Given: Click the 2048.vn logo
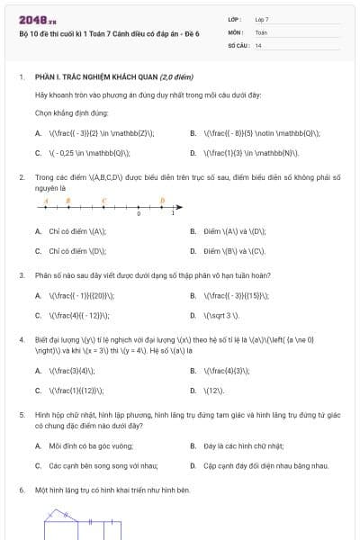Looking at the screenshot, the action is click(33, 18).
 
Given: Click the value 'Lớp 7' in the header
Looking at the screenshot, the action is click(263, 19).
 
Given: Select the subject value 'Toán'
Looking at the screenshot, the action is click(261, 31).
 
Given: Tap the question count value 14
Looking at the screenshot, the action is click(259, 43).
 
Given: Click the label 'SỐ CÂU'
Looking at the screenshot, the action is click(237, 43).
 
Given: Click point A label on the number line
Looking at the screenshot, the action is click(45, 201).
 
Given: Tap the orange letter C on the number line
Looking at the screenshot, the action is click(103, 201).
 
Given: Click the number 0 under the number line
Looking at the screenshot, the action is click(139, 215).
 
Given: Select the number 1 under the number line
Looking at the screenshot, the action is click(173, 215).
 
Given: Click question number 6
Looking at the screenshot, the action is click(21, 490).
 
